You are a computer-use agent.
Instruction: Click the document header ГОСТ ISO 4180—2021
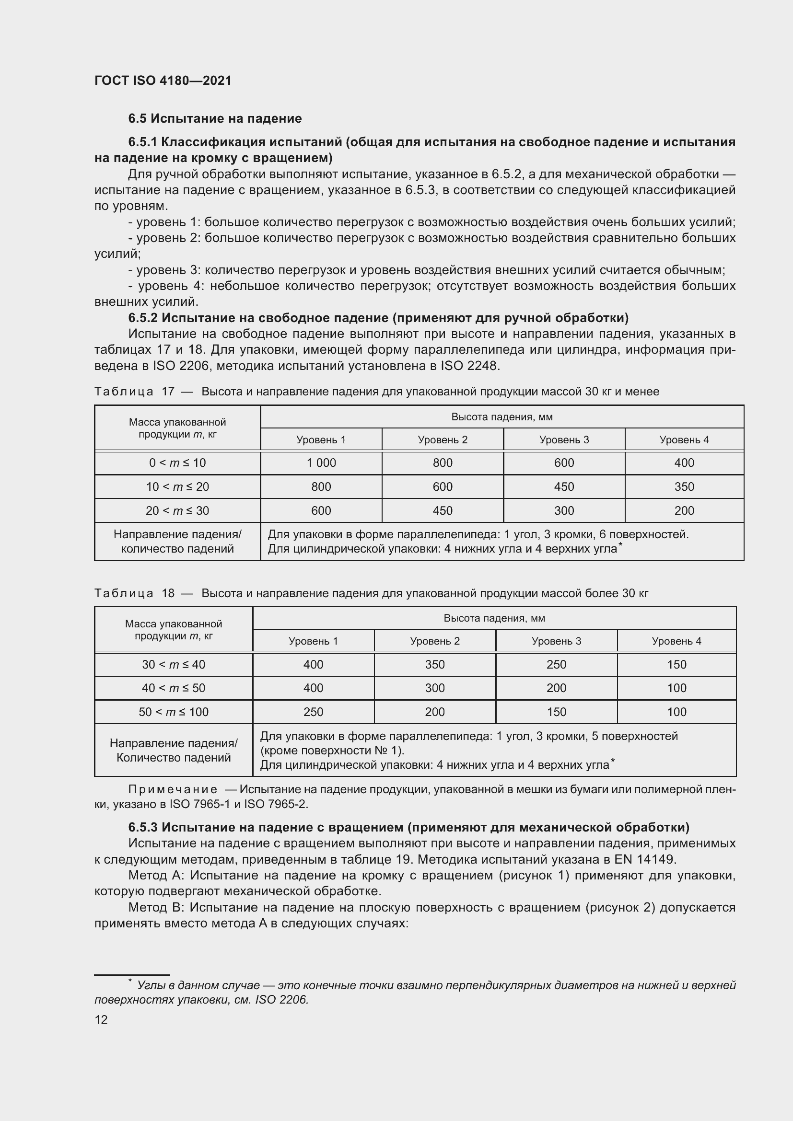(163, 81)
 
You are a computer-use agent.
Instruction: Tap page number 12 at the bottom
(101, 1019)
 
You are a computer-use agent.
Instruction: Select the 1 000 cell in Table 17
(321, 463)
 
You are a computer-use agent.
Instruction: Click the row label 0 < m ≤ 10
(177, 463)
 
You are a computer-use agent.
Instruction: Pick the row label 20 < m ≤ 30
(177, 511)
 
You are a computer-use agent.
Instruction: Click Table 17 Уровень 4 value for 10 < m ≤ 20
(684, 487)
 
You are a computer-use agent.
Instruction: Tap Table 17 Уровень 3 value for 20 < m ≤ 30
(563, 511)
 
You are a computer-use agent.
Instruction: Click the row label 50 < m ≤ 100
(174, 712)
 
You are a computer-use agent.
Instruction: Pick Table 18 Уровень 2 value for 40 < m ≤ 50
(434, 688)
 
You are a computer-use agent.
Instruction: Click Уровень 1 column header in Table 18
(313, 641)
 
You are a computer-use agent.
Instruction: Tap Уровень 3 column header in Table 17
(563, 439)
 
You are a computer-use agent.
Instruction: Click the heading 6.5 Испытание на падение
(215, 119)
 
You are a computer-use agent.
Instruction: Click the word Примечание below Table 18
(173, 789)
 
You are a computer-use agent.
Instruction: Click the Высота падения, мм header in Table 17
(501, 417)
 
